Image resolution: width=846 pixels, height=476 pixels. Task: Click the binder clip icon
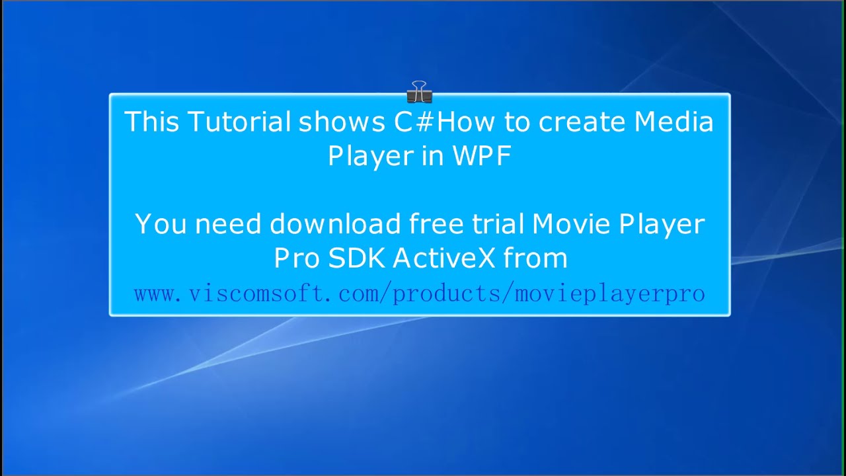click(419, 92)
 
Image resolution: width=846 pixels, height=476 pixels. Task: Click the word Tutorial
click(239, 122)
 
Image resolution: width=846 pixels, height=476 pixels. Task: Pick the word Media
click(674, 122)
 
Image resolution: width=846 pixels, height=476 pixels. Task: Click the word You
click(161, 225)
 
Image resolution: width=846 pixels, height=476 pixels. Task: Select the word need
click(229, 225)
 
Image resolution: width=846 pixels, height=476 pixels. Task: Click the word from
click(535, 258)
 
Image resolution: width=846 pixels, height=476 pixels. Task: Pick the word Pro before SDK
click(297, 258)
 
